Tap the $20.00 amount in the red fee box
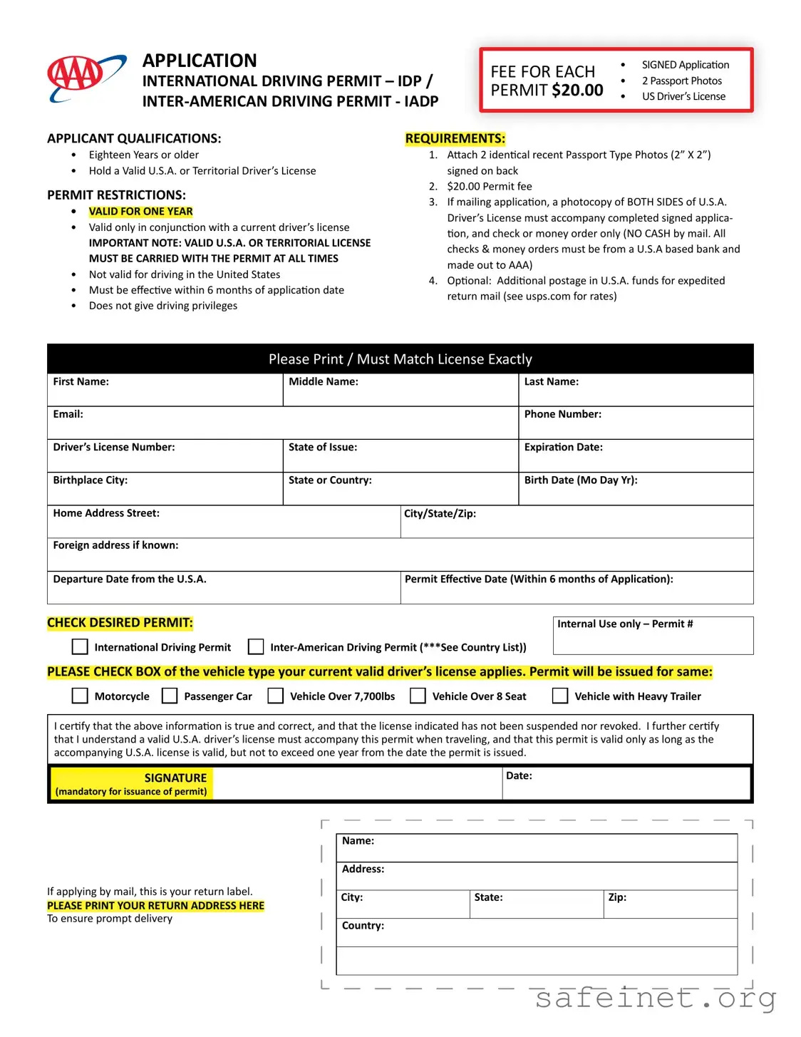(x=577, y=91)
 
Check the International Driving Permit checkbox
(x=81, y=646)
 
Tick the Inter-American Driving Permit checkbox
(x=256, y=646)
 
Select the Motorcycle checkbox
(x=81, y=696)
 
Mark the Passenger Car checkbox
(x=170, y=696)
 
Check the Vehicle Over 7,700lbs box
(x=275, y=696)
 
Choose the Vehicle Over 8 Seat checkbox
(x=418, y=696)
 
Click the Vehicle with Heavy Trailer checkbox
(x=561, y=696)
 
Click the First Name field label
(x=81, y=382)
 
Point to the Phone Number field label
(x=562, y=414)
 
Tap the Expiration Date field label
(x=563, y=447)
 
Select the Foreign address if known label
(x=115, y=545)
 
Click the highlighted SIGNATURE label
(x=175, y=778)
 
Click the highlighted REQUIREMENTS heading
(x=455, y=138)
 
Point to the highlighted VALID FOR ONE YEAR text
(x=140, y=212)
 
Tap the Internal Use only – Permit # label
(x=624, y=624)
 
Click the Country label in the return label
(x=363, y=925)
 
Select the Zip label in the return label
(x=617, y=897)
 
